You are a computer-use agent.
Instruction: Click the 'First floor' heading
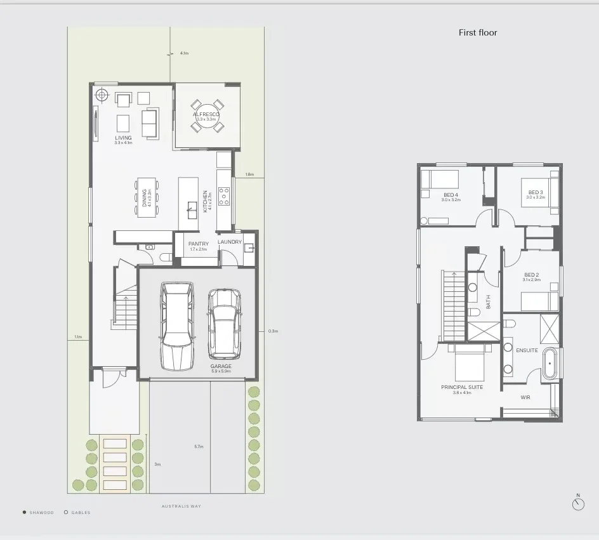tap(478, 32)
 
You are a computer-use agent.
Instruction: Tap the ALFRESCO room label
tap(206, 114)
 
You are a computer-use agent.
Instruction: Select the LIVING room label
tap(123, 138)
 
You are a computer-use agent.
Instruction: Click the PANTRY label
tap(198, 244)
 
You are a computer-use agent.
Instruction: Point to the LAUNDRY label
tap(229, 242)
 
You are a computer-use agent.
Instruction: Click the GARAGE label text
tap(221, 366)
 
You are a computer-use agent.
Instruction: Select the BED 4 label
tap(451, 194)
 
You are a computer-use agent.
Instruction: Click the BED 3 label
tap(535, 192)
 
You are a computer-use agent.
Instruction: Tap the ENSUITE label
tap(527, 350)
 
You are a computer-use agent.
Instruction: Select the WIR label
tap(525, 398)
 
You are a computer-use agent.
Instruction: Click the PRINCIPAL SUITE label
tap(462, 387)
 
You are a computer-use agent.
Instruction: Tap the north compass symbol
tap(578, 504)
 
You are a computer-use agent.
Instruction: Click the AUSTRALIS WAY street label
tap(181, 506)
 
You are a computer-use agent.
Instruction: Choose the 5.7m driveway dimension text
tap(199, 447)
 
